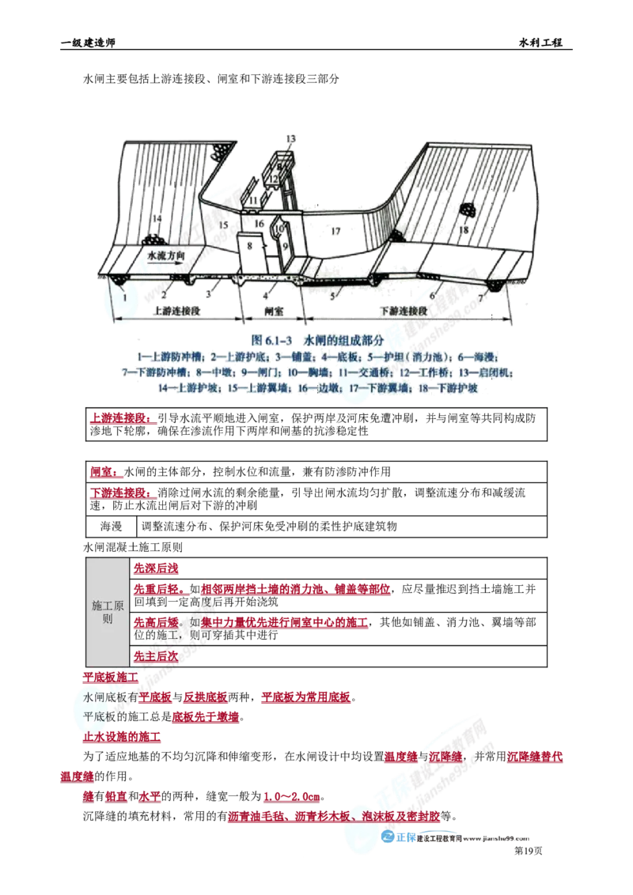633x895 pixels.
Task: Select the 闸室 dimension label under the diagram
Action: point(274,312)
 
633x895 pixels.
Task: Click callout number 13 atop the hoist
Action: point(290,139)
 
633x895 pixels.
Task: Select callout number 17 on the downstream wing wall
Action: point(335,231)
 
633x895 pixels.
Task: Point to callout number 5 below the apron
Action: point(333,295)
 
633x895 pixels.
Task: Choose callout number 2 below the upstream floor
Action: point(163,293)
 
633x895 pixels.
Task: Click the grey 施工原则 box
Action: point(108,611)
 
